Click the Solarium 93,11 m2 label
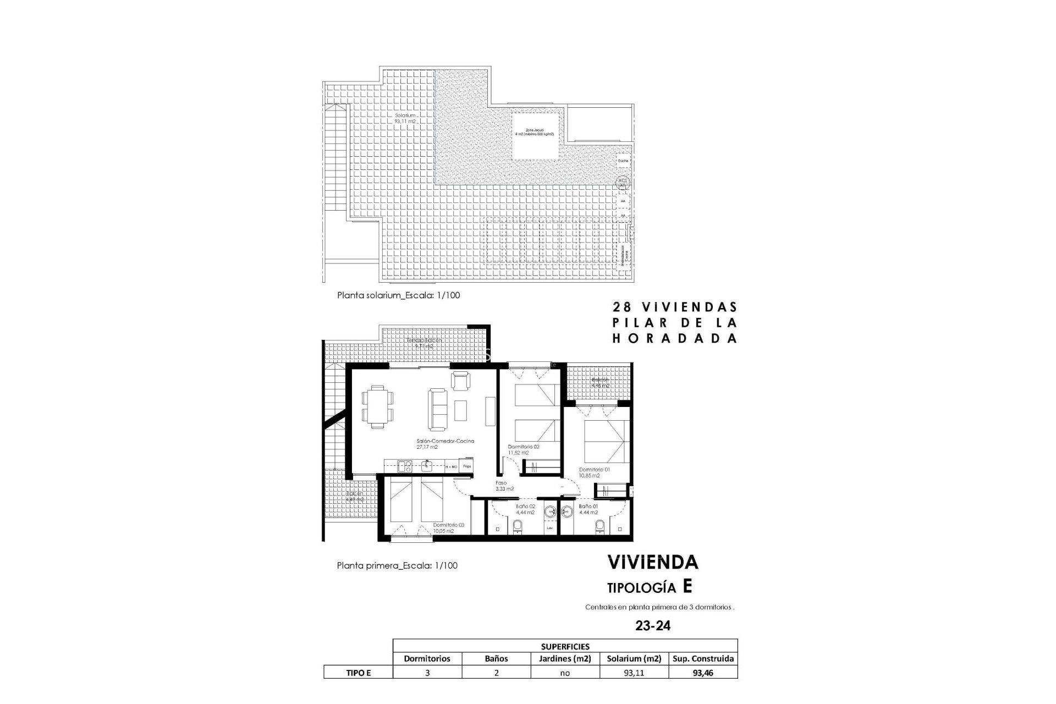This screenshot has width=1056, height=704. (404, 118)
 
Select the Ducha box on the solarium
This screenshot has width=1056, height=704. (623, 161)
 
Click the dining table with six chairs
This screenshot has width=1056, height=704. (378, 406)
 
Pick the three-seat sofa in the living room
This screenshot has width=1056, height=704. (438, 409)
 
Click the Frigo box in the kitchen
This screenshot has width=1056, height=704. (466, 466)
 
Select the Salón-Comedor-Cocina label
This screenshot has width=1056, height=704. (438, 444)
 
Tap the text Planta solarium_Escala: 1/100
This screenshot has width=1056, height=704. (398, 295)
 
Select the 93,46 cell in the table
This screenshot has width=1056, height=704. (703, 672)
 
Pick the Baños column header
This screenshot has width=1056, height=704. (496, 658)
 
